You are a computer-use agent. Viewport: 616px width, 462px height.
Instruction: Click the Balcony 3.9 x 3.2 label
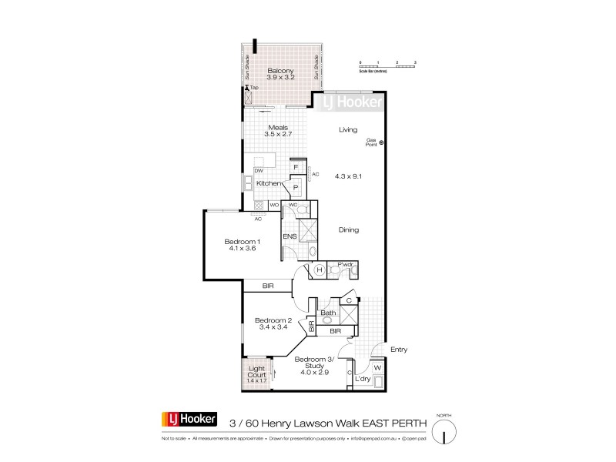[x=281, y=74]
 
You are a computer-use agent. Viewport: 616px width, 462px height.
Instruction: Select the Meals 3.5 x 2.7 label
[x=277, y=132]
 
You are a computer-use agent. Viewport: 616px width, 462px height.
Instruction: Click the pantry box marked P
[x=295, y=187]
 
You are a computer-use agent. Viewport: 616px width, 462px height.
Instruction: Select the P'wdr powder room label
[x=345, y=266]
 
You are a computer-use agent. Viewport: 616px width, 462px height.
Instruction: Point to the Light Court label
[x=256, y=370]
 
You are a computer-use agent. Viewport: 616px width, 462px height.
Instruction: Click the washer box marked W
[x=377, y=367]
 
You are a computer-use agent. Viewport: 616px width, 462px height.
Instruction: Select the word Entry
[x=398, y=349]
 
